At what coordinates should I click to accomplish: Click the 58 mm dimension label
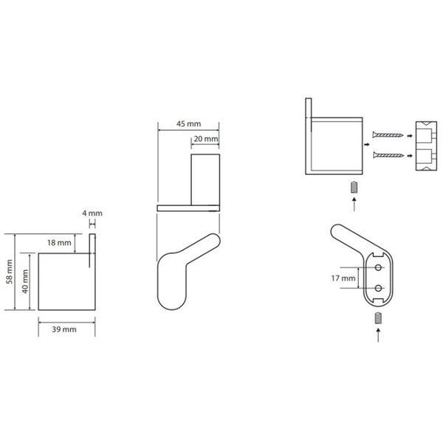[10, 272]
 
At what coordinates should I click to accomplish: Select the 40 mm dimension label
[25, 281]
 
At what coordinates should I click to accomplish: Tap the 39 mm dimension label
[64, 329]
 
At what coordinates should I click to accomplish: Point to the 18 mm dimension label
[59, 243]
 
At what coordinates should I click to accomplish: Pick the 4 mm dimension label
[92, 213]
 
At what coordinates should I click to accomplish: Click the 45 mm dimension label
[189, 124]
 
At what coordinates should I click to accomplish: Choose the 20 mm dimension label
[206, 139]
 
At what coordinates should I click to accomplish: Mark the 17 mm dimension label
[343, 278]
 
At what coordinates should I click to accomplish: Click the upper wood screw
[388, 135]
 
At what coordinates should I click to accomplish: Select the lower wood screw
[388, 155]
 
